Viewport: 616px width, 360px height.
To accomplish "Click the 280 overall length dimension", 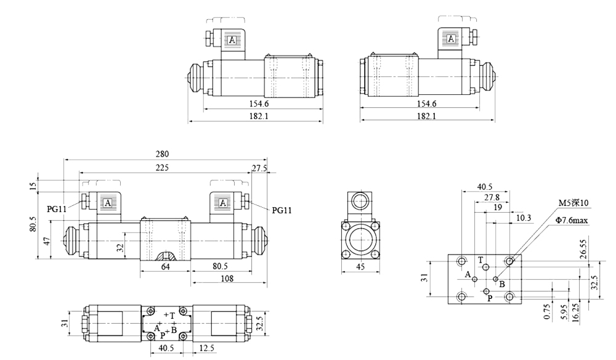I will pos(163,153).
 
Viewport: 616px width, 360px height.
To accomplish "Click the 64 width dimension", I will pos(165,266).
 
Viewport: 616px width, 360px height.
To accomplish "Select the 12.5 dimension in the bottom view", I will pos(206,348).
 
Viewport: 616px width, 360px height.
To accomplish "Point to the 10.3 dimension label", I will pos(524,218).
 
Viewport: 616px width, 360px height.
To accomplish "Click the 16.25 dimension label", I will pos(575,312).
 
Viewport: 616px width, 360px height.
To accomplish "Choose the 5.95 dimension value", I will pos(561,312).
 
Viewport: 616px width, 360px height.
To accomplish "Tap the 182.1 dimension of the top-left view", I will pos(255,116).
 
